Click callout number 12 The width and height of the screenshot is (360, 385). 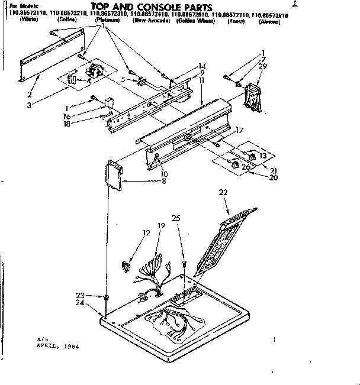[x=130, y=233]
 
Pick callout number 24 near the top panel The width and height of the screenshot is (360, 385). [x=79, y=303]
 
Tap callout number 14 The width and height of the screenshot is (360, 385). [x=202, y=66]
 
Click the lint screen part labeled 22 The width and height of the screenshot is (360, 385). [x=228, y=237]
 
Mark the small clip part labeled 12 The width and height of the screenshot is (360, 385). [x=126, y=266]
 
